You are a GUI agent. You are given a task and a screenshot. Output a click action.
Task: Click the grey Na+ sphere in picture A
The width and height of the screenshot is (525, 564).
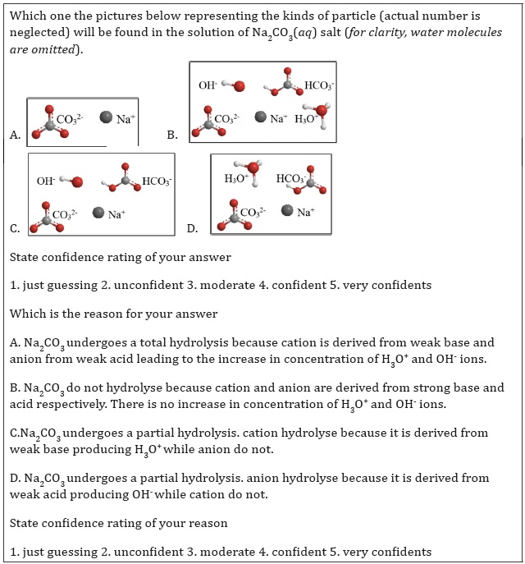click(106, 117)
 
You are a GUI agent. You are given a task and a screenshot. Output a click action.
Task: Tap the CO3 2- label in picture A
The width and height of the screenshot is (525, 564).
click(70, 120)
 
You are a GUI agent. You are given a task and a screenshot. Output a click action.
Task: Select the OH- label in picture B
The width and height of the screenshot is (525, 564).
click(208, 85)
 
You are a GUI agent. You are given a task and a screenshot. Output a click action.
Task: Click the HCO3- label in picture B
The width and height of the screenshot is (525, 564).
click(319, 85)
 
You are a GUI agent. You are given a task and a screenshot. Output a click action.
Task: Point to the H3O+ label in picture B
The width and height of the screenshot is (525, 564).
click(308, 119)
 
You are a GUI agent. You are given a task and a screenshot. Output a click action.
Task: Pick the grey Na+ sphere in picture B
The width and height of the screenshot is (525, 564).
click(261, 117)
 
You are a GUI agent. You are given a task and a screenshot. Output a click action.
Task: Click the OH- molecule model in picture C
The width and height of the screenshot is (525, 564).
click(71, 181)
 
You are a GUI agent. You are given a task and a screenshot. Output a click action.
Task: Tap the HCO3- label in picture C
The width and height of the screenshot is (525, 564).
click(157, 181)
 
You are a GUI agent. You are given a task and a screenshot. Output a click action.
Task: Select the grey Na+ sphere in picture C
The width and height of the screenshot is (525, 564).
click(98, 213)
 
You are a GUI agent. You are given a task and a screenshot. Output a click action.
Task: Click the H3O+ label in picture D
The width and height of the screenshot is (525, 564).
click(236, 179)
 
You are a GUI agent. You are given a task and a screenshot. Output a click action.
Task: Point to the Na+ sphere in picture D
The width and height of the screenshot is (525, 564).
click(287, 210)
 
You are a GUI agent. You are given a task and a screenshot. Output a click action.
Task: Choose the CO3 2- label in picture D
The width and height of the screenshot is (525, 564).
click(253, 213)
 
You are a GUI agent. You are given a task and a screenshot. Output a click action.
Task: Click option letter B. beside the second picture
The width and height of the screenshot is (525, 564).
click(172, 135)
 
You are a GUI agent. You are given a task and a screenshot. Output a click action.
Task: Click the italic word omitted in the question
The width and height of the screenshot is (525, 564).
click(51, 49)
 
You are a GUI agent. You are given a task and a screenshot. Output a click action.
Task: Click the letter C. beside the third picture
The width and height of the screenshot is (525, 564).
click(15, 228)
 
